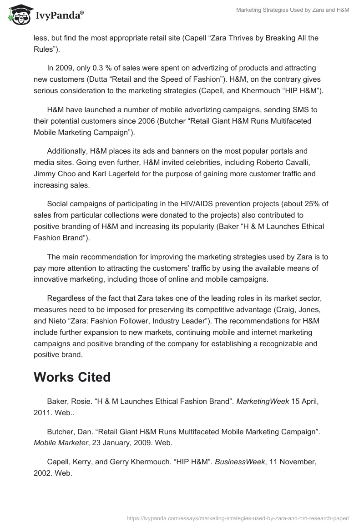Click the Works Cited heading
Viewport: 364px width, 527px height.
[x=72, y=378]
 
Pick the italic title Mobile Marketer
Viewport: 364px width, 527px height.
[x=60, y=442]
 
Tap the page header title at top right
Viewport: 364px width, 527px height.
[x=293, y=10]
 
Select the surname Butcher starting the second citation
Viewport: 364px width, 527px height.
[x=61, y=431]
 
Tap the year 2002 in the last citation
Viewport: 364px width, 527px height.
[x=43, y=472]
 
